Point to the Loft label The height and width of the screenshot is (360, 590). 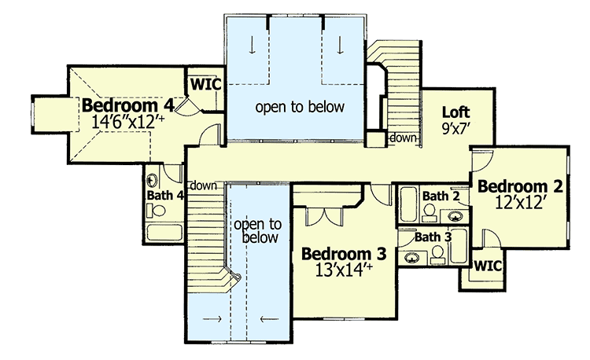coord(455,111)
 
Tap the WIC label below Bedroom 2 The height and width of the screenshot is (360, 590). coord(488,266)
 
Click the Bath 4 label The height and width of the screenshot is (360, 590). coord(165,196)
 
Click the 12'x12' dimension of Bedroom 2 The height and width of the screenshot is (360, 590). coord(521,203)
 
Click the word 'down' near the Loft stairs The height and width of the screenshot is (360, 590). coord(404,138)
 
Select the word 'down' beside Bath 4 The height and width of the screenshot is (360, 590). coord(204,186)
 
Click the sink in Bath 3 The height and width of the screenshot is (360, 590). coord(412,256)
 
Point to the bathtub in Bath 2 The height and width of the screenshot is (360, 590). coord(407,206)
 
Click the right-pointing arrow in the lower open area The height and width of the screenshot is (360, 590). coord(211,319)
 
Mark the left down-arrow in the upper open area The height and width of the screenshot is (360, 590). coord(252,45)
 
